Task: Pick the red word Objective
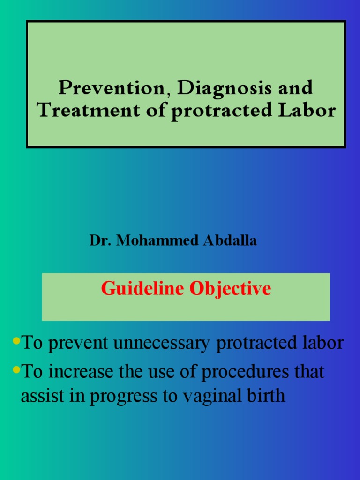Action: pyautogui.click(x=230, y=288)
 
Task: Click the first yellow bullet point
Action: pyautogui.click(x=17, y=340)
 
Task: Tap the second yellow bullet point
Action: pyautogui.click(x=17, y=369)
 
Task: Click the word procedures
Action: pyautogui.click(x=245, y=372)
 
